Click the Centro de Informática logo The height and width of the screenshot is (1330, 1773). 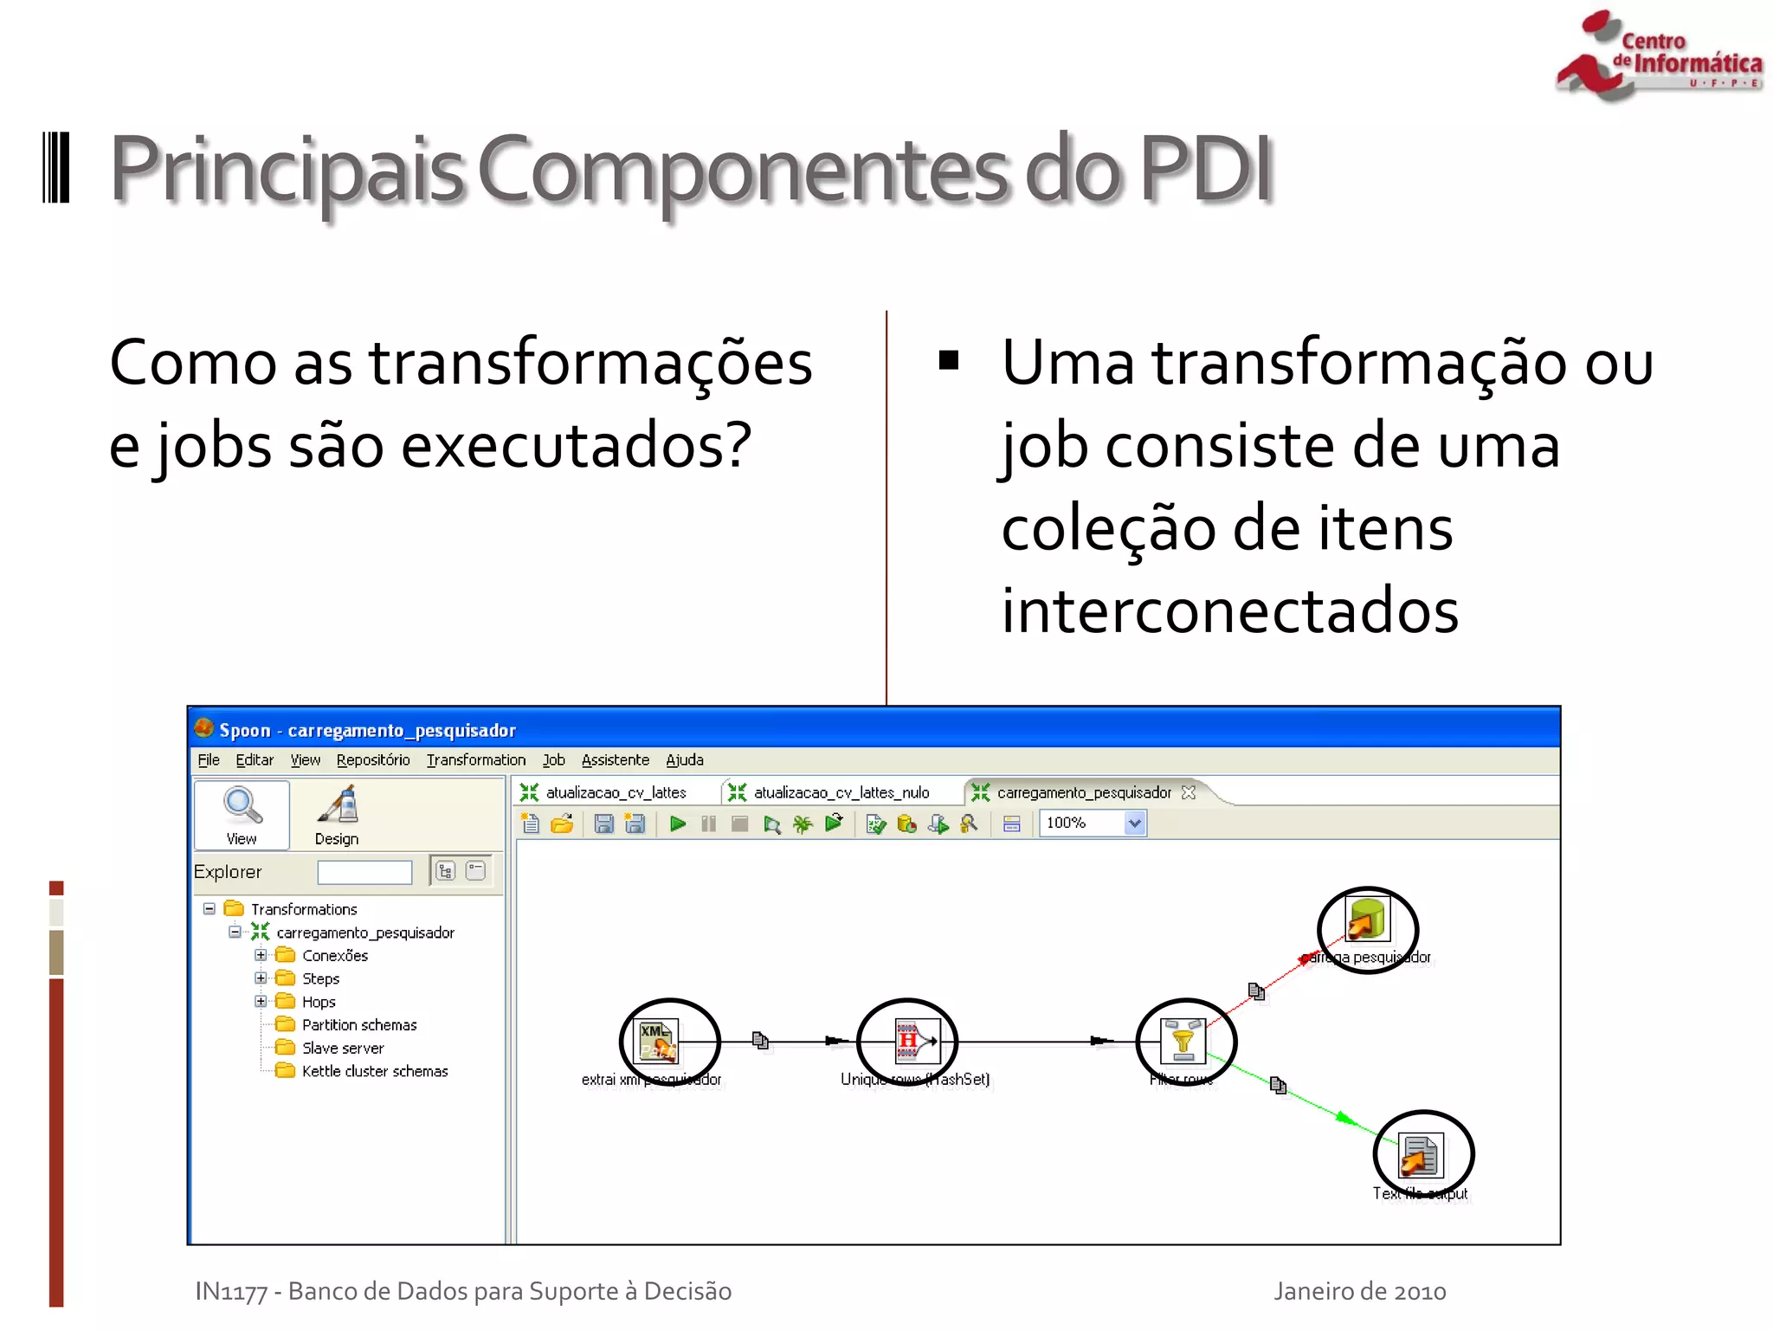click(x=1659, y=57)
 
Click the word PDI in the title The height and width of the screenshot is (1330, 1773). click(x=1206, y=170)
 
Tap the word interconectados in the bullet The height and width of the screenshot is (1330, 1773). click(x=1229, y=610)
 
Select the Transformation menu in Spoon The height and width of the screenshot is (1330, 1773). click(x=475, y=760)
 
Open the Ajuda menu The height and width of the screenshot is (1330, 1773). click(x=684, y=760)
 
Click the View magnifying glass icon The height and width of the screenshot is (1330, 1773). click(x=242, y=805)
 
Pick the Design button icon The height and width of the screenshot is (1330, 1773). click(x=338, y=805)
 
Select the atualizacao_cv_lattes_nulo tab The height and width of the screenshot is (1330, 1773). click(x=840, y=792)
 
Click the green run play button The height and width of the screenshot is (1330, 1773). click(x=678, y=823)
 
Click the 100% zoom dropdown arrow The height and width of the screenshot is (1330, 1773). click(x=1134, y=823)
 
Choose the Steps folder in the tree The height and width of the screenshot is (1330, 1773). click(x=319, y=978)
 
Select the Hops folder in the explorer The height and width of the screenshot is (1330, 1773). click(x=318, y=1002)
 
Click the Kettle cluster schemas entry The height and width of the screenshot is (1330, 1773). click(x=374, y=1071)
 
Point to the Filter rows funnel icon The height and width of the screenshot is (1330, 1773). click(x=1183, y=1040)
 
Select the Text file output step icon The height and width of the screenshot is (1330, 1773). click(x=1421, y=1154)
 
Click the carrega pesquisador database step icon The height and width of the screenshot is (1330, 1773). click(x=1367, y=920)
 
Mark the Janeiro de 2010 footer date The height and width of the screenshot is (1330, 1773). click(x=1359, y=1291)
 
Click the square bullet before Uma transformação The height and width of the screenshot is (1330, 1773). click(x=949, y=360)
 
